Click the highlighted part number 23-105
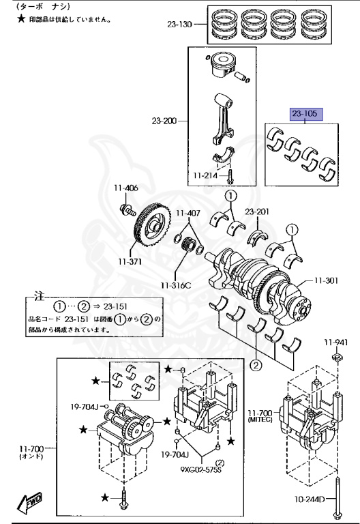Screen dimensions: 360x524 (305, 114)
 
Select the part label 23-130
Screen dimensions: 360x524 (179, 25)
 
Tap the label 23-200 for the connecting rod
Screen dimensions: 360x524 (164, 121)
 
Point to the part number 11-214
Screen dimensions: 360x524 (205, 175)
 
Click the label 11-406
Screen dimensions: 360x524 (125, 188)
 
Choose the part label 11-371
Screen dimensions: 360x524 (130, 262)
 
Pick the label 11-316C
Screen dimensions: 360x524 (176, 285)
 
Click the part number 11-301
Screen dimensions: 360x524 (326, 280)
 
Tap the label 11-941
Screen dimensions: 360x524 (335, 343)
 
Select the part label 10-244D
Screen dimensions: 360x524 (310, 499)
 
